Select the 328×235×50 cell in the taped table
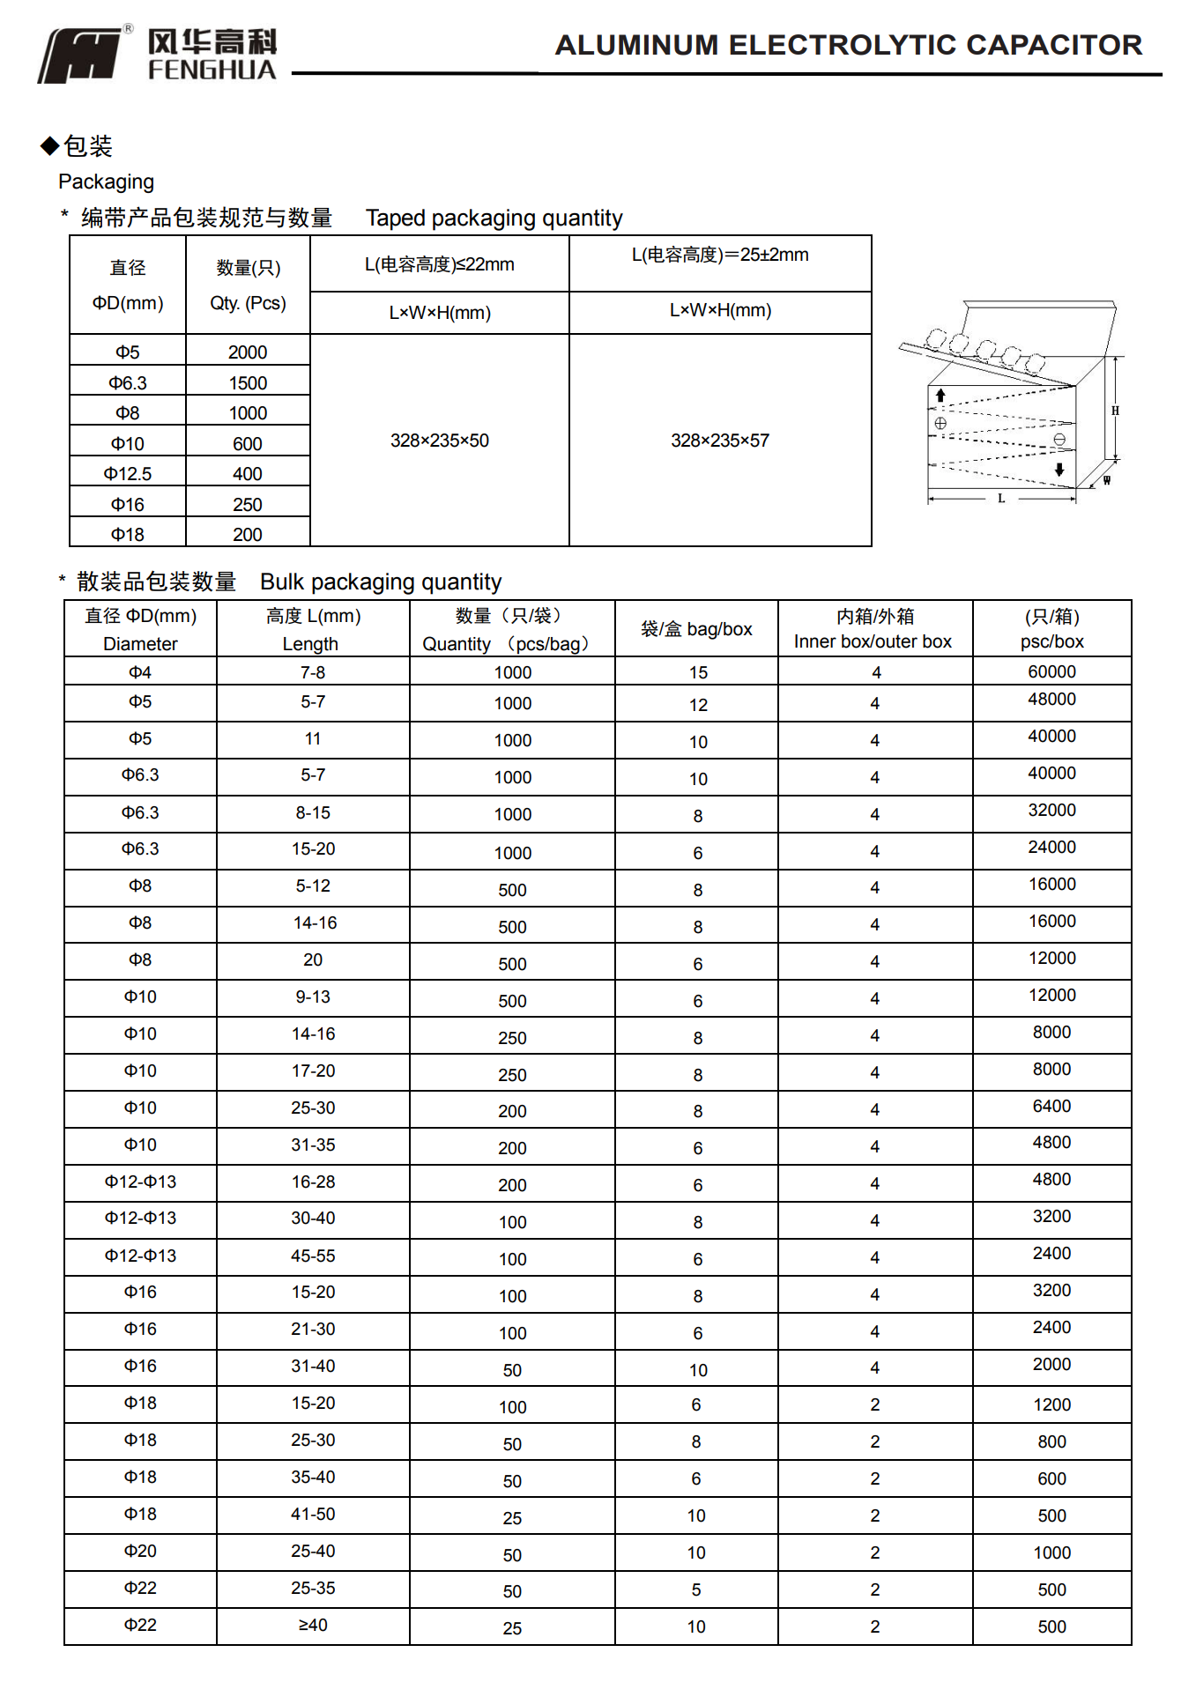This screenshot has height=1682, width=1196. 439,441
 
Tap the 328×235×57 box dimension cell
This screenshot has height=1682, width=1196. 719,441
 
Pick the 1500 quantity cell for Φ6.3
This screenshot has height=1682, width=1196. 248,383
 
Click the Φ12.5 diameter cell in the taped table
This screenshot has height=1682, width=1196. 128,474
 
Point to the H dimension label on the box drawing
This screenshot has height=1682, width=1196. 1115,411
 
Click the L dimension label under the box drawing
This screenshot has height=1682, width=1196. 1001,499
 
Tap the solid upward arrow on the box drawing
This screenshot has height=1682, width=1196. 940,396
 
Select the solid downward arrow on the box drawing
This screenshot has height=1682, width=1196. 1059,470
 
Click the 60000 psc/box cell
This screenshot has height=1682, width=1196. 1051,671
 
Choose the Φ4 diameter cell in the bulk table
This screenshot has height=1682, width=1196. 140,672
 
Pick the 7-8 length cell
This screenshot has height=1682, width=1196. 313,672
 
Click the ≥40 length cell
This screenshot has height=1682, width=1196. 313,1625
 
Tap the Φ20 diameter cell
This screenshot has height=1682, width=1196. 140,1551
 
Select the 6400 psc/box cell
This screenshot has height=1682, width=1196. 1051,1106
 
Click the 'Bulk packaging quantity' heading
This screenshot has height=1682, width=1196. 381,582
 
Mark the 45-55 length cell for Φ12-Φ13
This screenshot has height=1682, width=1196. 313,1256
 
